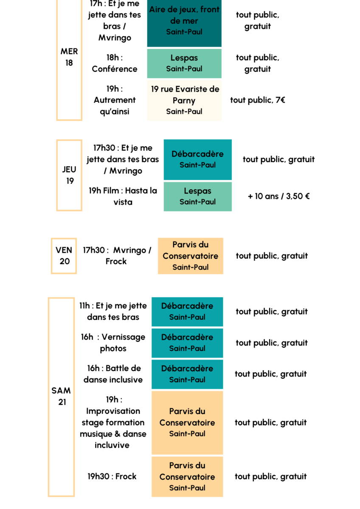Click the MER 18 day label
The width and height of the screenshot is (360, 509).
point(69,57)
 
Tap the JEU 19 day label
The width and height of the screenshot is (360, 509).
point(70,175)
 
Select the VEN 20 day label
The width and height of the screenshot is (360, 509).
point(64,256)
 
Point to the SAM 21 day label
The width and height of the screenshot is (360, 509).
point(62,396)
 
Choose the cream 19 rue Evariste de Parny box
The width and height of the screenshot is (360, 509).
point(184,100)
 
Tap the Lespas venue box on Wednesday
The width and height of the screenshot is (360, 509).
point(184,63)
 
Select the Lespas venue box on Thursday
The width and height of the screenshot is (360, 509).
point(197,196)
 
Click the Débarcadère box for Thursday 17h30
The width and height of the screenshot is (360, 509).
point(197,159)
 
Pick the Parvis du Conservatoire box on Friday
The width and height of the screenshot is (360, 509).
point(190,256)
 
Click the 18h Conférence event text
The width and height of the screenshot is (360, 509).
point(115,63)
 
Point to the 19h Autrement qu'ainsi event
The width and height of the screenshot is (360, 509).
point(115,100)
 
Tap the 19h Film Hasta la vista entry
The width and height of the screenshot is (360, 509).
point(123,196)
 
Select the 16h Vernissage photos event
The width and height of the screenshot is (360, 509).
point(113,343)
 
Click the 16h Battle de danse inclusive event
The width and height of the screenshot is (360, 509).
point(113,374)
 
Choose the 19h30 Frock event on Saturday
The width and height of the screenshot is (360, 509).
point(112,476)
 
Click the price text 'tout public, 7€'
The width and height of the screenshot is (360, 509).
point(258,100)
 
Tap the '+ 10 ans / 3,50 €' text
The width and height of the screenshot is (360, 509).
point(278,196)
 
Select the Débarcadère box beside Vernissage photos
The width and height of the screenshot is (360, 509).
point(187,343)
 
